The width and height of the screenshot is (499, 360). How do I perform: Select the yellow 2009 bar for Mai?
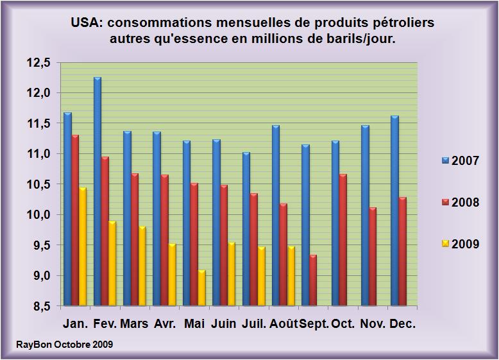201,288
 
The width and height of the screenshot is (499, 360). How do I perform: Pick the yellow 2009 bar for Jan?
83,246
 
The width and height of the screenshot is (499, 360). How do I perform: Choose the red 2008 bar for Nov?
372,257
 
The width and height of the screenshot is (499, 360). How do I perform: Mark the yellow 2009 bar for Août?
291,276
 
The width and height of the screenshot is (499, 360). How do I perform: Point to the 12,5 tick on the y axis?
38,63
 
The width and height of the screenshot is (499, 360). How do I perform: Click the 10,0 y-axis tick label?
38,215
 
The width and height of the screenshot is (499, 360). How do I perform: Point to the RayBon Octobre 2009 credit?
64,345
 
